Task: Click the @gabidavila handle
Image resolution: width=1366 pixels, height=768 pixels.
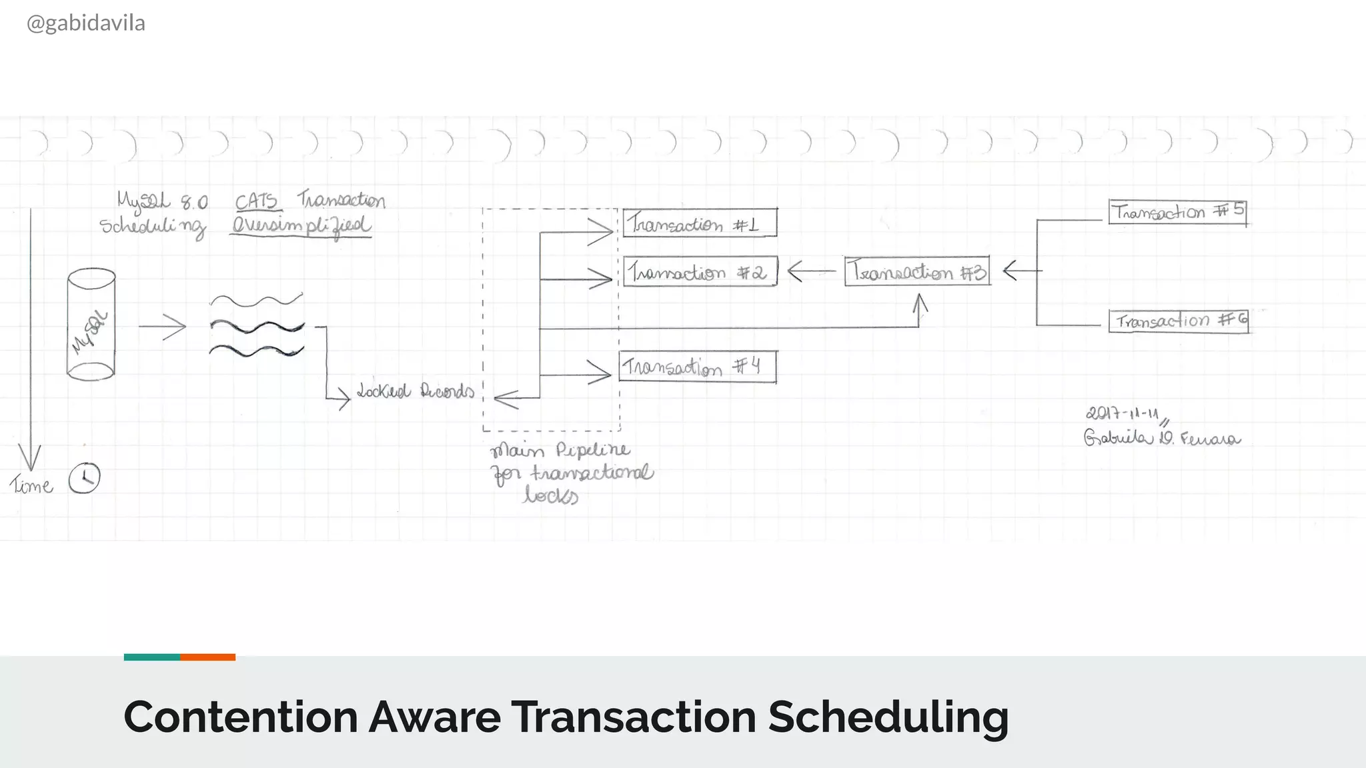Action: (x=85, y=23)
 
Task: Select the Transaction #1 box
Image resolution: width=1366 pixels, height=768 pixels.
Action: (x=700, y=223)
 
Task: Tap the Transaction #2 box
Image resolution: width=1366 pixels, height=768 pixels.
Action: (x=700, y=271)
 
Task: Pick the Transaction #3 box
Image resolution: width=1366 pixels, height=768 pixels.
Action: (x=917, y=271)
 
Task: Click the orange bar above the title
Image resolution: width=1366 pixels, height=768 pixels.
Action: (x=207, y=657)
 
